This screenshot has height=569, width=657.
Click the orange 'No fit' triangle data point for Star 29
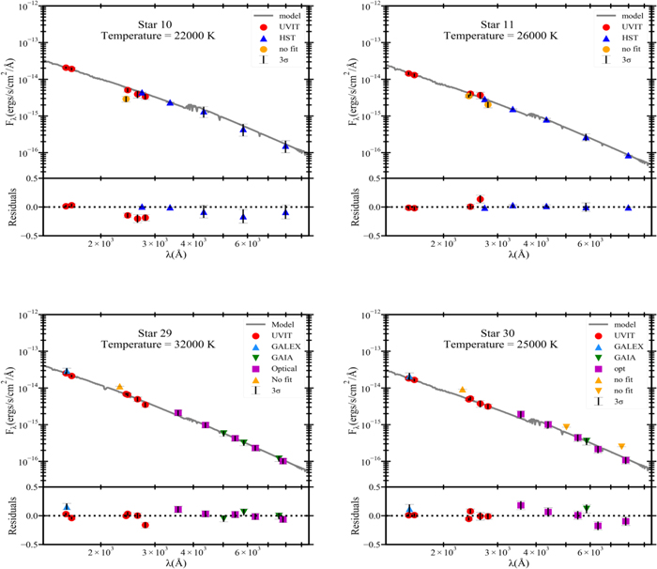[120, 387]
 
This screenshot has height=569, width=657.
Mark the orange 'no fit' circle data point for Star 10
[126, 99]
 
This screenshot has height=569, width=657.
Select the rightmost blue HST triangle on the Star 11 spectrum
[628, 155]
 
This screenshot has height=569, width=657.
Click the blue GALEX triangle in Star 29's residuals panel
[67, 506]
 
